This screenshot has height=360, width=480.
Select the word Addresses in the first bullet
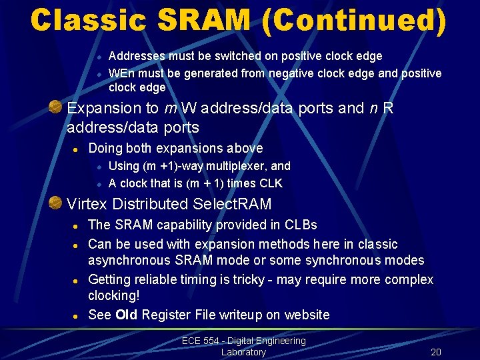coord(137,57)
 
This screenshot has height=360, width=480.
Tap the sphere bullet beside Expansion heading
coord(58,107)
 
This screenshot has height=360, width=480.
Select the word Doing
coord(105,148)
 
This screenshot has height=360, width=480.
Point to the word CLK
coord(269,183)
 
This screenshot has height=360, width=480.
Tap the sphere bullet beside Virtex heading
coord(58,203)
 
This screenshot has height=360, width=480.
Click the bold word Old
coord(126,315)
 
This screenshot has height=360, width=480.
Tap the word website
coord(305,315)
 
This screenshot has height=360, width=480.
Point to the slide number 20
coord(436,352)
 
